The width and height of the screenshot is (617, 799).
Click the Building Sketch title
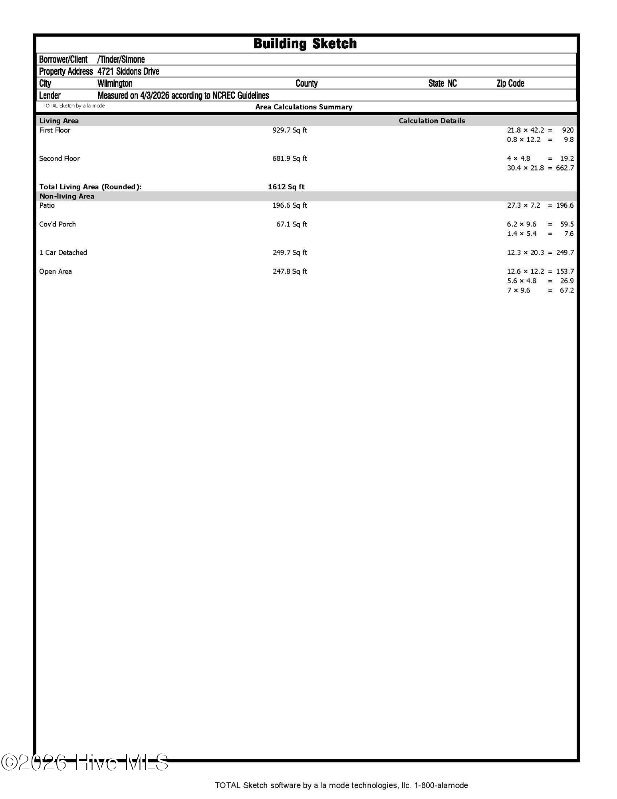pos(305,44)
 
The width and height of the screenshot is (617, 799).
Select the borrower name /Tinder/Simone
pos(121,60)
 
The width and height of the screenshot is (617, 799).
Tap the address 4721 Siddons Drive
pos(128,72)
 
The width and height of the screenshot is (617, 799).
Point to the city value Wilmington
pos(115,83)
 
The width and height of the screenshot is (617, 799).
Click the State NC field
pos(442,83)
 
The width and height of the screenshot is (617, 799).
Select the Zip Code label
pos(510,83)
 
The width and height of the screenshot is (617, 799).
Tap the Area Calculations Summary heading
pos(304,107)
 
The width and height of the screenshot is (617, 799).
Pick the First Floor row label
pos(55,130)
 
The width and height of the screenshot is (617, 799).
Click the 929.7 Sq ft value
pos(290,130)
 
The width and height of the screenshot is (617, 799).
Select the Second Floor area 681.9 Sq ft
pos(290,159)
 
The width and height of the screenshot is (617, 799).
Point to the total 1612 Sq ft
pos(286,187)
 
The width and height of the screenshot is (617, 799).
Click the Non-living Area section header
pos(67,196)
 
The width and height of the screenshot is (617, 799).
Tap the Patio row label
pos(47,205)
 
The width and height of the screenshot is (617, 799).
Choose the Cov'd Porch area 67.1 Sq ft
pos(292,224)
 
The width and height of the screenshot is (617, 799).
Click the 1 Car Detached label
pos(63,252)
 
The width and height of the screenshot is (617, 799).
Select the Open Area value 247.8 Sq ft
pos(290,272)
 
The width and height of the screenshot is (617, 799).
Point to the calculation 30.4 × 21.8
pos(525,168)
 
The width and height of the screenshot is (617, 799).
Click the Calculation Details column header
pos(432,121)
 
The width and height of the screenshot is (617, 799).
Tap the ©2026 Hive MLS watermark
pos(85,762)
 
